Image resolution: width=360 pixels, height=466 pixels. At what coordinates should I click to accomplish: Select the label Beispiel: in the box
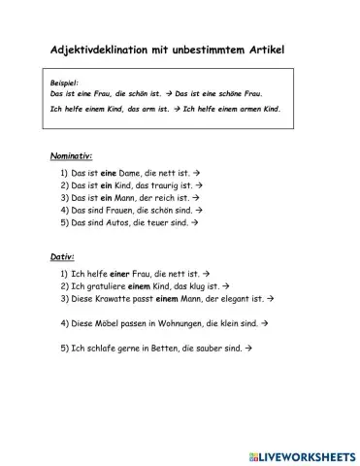(65, 84)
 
